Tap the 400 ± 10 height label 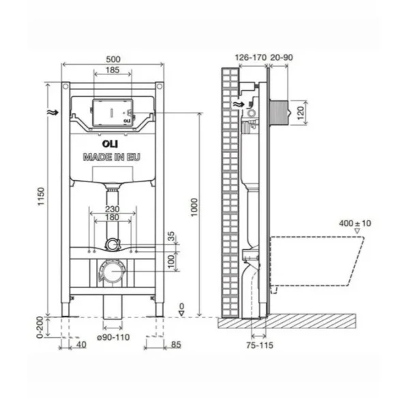click(355, 223)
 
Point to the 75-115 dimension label click(260, 346)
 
